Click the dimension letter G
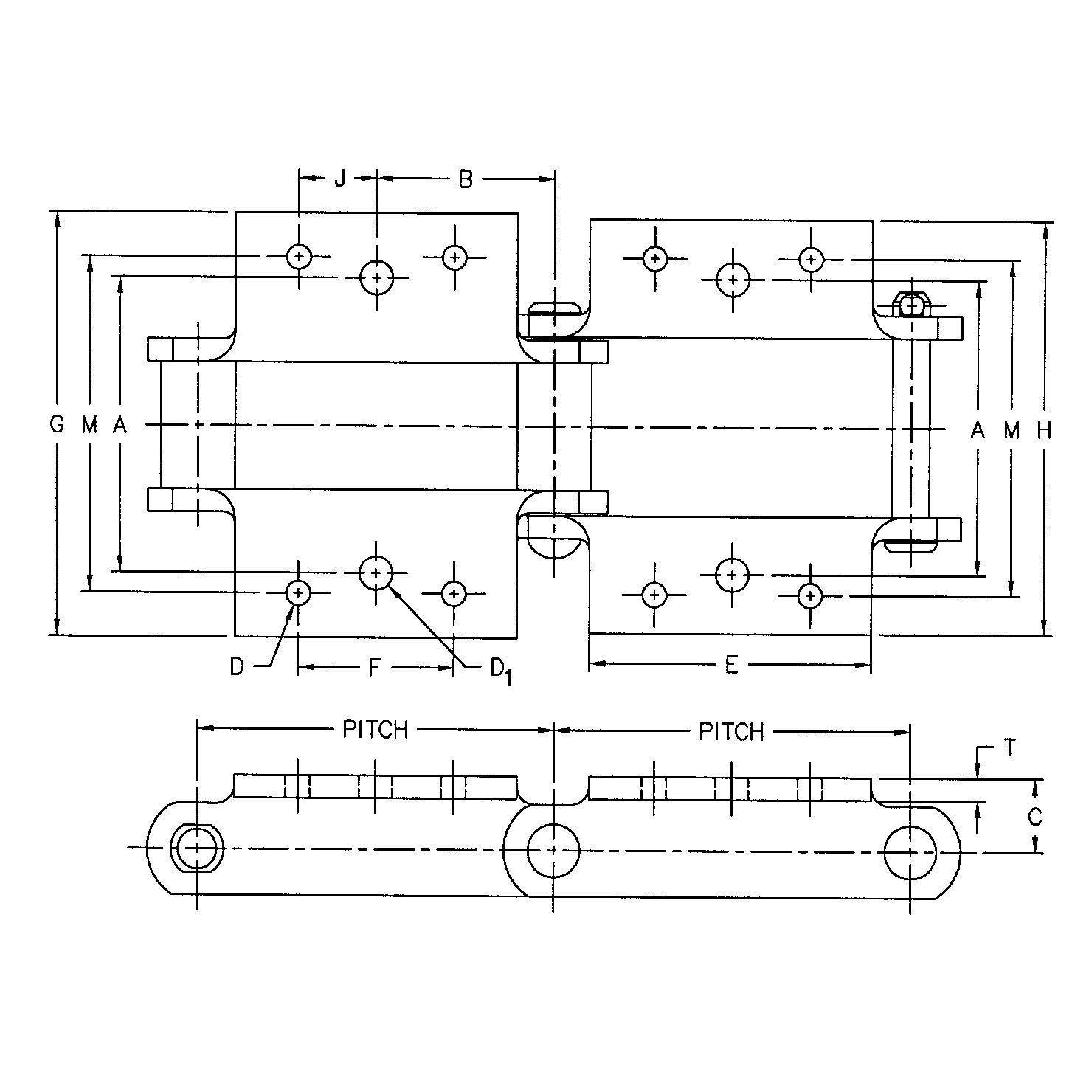57,424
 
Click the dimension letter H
1043,430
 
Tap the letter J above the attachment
339,179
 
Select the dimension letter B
465,179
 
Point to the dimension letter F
374,668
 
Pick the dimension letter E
731,665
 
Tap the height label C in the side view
1034,817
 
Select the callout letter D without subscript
237,667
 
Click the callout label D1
500,670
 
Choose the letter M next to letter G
89,424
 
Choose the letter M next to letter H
1011,430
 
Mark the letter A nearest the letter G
120,424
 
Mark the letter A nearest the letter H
978,430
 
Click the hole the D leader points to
298,592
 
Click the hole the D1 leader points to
376,573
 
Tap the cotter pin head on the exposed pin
913,303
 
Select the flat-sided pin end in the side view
196,848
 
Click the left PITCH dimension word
375,730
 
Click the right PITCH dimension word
731,732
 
